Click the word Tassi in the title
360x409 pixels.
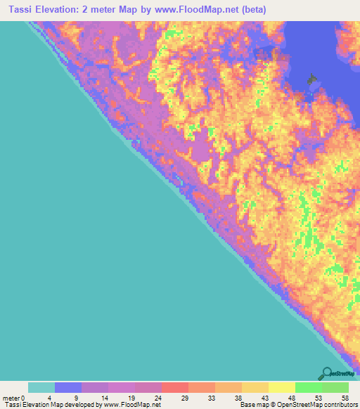coord(18,9)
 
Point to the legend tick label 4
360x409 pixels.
coord(49,398)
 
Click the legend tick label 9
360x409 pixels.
coord(77,398)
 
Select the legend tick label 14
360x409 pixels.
coord(104,398)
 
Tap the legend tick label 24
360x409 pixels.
coord(158,398)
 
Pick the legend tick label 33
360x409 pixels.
coord(212,398)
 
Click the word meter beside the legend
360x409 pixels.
coord(11,398)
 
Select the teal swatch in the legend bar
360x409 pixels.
coord(41,387)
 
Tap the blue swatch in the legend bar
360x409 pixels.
coord(68,387)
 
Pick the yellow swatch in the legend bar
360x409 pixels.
coord(282,387)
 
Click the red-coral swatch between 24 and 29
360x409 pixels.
coord(175,387)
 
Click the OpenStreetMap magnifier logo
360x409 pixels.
coord(326,373)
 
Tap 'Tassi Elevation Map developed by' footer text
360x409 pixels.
coord(50,405)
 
